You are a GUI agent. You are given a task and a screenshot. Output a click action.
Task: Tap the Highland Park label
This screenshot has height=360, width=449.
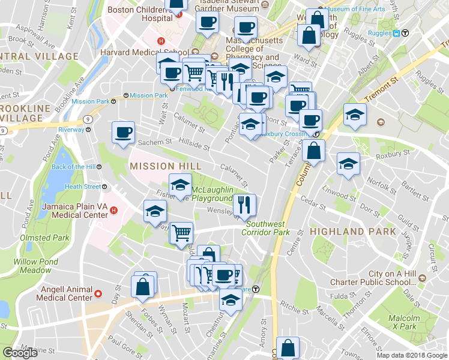(x=353, y=231)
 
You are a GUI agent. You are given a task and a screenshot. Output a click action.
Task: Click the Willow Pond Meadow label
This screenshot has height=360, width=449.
(x=35, y=266)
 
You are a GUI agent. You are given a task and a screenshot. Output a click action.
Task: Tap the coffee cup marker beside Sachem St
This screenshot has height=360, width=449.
(x=124, y=133)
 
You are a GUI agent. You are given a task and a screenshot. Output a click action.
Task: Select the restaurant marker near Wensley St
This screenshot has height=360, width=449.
(x=244, y=205)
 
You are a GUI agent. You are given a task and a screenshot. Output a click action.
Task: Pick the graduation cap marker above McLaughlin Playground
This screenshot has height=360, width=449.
(x=179, y=185)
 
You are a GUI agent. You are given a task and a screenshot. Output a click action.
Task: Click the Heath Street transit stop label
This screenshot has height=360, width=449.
(x=82, y=187)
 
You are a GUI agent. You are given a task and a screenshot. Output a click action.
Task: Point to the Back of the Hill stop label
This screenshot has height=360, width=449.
(x=73, y=167)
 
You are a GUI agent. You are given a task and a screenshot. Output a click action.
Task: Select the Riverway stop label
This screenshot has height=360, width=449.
(x=71, y=130)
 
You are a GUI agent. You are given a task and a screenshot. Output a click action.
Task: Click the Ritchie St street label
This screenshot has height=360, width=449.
(x=294, y=308)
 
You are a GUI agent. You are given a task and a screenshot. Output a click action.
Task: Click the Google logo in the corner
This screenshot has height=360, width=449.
(x=20, y=352)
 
